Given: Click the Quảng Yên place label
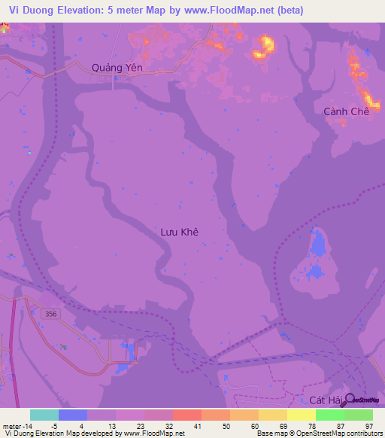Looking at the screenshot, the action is (117, 68).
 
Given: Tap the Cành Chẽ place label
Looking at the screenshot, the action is (347, 111).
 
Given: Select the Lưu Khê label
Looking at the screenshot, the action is (180, 233).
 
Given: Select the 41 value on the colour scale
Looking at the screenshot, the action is (198, 425).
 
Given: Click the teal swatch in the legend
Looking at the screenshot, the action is (44, 415).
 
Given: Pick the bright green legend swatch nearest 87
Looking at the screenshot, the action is (329, 415).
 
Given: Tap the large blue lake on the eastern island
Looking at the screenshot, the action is (317, 245).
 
